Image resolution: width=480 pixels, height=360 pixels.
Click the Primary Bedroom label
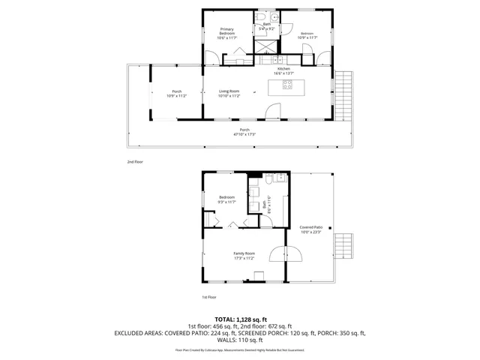(227, 32)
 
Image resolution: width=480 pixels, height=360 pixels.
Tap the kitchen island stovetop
(287, 85)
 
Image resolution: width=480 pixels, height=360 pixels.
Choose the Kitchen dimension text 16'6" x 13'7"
(283, 73)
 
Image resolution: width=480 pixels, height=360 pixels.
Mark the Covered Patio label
(310, 229)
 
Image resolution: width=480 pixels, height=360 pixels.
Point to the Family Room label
(244, 255)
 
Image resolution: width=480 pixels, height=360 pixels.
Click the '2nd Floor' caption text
(135, 161)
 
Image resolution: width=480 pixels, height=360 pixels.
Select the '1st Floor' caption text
(209, 297)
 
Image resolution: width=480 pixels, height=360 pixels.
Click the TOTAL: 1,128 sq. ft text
(239, 319)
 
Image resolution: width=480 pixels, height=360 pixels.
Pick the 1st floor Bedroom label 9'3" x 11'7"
(226, 199)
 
